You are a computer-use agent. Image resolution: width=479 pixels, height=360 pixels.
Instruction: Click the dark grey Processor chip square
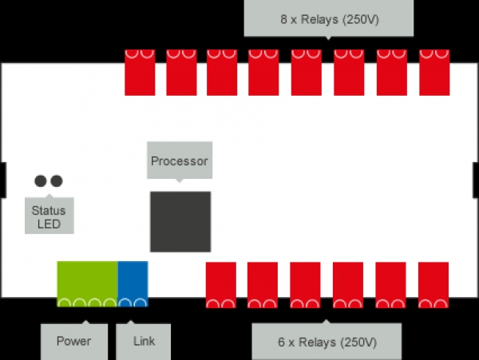click(180, 221)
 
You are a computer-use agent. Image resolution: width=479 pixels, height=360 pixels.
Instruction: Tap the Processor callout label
click(179, 161)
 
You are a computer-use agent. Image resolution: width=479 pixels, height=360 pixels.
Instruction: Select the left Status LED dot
click(41, 181)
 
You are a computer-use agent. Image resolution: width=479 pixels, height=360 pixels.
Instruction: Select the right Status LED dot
click(56, 181)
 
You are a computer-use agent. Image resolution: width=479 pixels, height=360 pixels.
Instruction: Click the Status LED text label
click(49, 216)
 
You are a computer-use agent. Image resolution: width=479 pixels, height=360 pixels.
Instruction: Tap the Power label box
click(73, 342)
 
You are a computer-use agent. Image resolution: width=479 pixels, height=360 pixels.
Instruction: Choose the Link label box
click(144, 342)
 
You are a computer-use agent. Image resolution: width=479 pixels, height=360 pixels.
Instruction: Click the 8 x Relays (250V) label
click(328, 18)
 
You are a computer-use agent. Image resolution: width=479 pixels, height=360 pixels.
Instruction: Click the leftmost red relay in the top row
click(140, 72)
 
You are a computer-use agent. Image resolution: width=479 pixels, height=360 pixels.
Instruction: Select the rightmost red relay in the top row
click(434, 72)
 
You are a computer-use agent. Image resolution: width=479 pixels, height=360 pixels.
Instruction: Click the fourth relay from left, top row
click(263, 72)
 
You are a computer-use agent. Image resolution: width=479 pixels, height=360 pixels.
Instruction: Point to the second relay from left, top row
click(181, 72)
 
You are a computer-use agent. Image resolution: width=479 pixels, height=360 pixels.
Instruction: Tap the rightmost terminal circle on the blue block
click(140, 303)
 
